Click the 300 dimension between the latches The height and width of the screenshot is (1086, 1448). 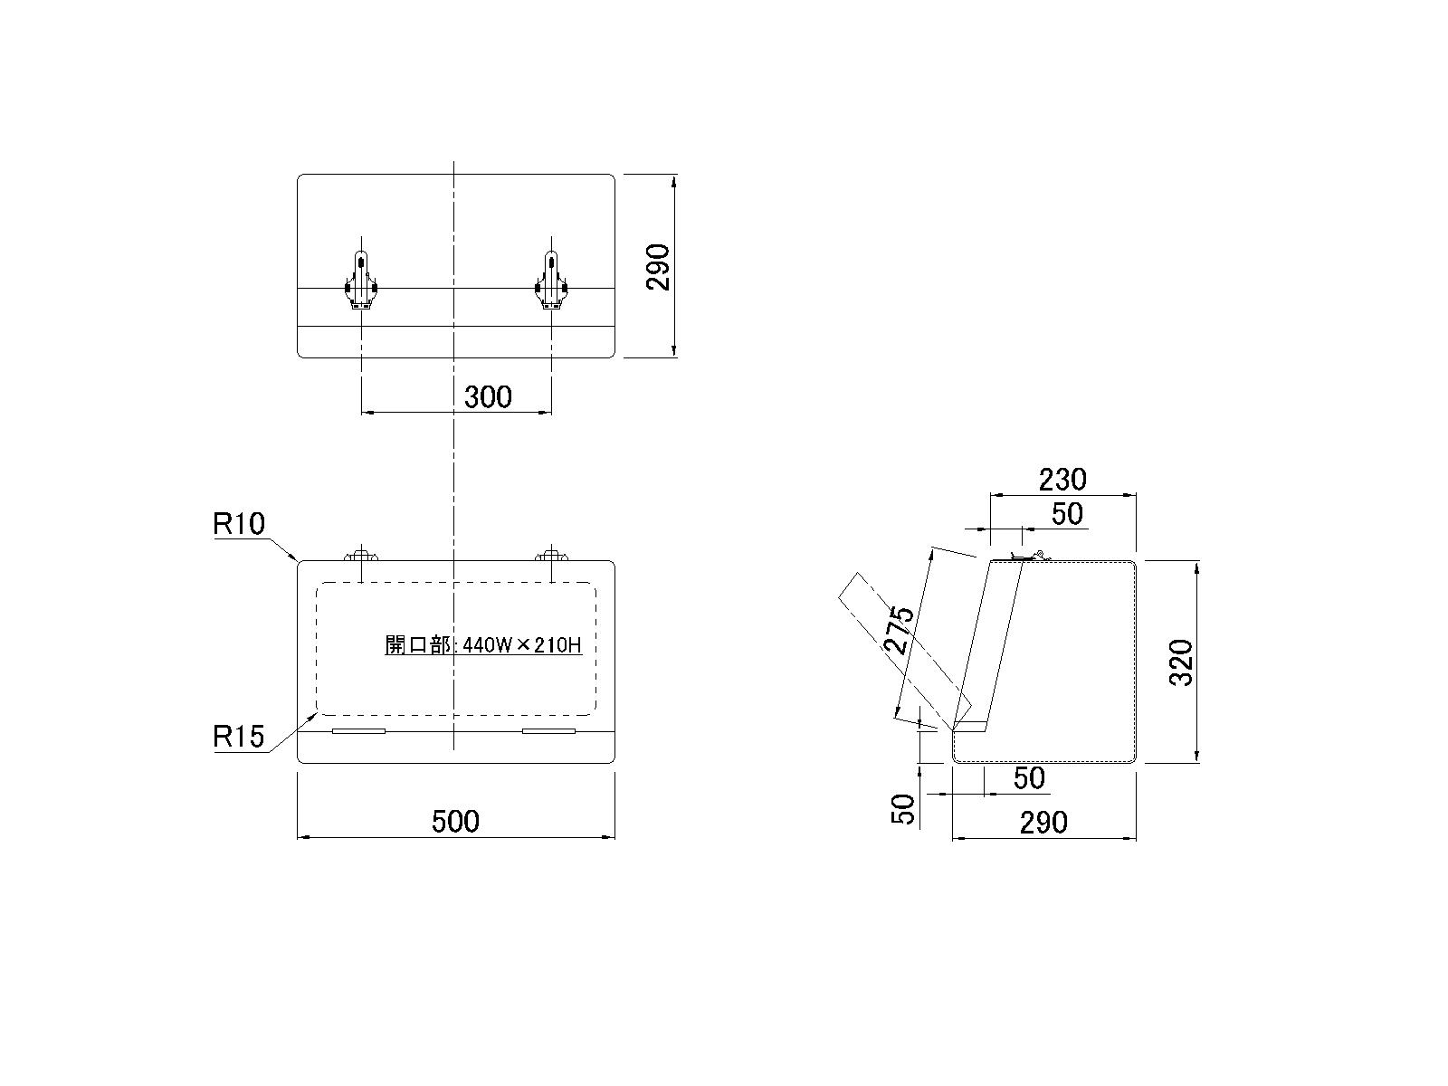click(x=488, y=397)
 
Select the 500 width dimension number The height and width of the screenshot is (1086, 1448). click(x=455, y=822)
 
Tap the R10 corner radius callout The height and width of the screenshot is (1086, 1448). click(x=238, y=524)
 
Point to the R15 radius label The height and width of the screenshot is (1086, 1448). click(x=238, y=736)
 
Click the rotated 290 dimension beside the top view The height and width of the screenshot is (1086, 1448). click(x=658, y=267)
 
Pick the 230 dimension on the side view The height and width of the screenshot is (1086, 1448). click(x=1062, y=480)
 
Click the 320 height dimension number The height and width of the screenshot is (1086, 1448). click(x=1181, y=662)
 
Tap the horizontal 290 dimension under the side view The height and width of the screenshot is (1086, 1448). click(x=1043, y=823)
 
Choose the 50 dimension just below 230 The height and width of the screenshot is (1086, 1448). click(x=1067, y=514)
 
